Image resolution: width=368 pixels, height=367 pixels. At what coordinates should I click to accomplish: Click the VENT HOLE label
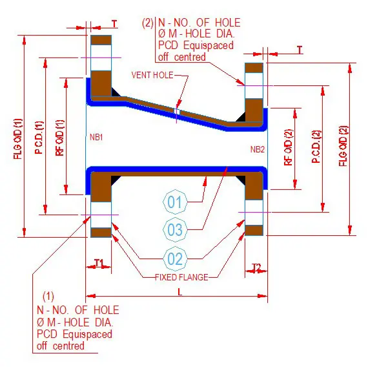click(x=154, y=75)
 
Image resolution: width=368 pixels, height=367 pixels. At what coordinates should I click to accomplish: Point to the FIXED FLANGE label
click(x=181, y=277)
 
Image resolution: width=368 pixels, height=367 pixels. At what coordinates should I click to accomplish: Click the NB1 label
click(x=97, y=138)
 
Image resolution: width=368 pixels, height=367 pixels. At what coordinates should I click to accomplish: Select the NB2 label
click(x=257, y=150)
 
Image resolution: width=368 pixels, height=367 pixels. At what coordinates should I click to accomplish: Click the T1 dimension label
click(x=99, y=263)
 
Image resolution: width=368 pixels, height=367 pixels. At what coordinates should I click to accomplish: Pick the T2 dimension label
click(x=256, y=266)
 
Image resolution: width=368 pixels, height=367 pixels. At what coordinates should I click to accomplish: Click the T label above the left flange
click(x=114, y=23)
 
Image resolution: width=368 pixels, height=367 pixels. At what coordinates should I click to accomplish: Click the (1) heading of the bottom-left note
click(x=48, y=297)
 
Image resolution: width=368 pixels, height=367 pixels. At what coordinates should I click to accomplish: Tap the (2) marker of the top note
click(x=148, y=23)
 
